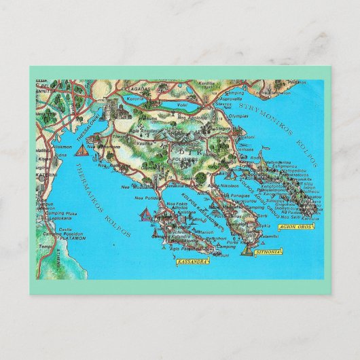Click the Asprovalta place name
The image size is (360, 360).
(228, 98)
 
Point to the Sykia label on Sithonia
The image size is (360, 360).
(264, 225)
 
